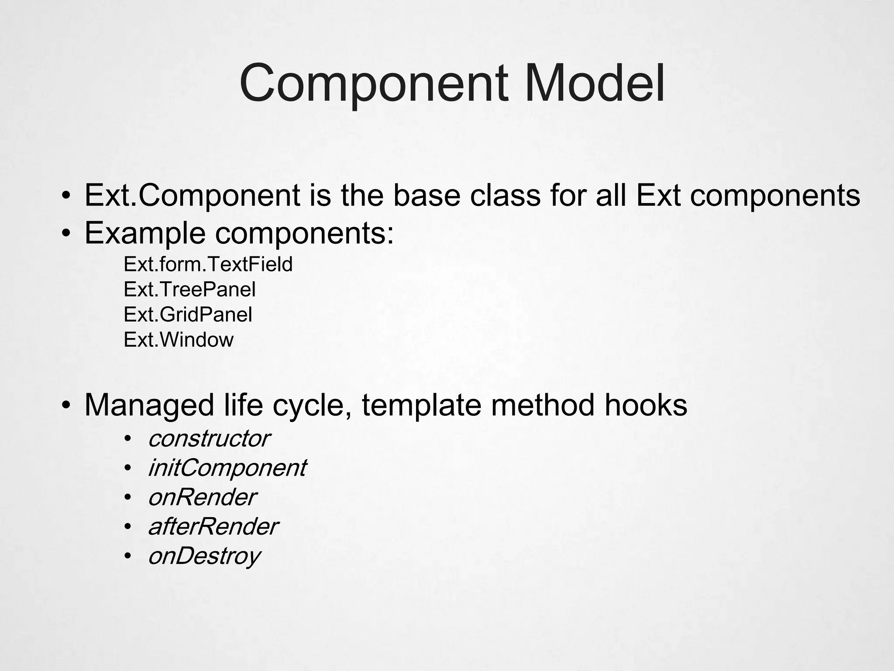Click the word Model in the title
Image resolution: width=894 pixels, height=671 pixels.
click(593, 83)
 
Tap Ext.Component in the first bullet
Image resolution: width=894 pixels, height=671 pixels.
click(192, 196)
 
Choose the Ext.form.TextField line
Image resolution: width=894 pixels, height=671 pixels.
click(208, 265)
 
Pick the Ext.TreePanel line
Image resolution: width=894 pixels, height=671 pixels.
click(189, 290)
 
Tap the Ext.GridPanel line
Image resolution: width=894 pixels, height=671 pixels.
click(188, 315)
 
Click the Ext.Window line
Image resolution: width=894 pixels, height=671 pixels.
click(179, 340)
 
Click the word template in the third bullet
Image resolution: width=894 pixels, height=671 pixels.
click(422, 405)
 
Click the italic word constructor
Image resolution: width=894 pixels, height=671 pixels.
click(209, 439)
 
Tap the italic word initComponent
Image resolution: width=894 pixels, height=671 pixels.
click(227, 468)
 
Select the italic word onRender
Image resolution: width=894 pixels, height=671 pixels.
click(202, 497)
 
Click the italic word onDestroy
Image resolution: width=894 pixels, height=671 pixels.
click(204, 556)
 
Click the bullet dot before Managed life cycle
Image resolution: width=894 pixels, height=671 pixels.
click(65, 406)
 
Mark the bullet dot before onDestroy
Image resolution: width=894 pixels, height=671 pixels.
click(127, 556)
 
